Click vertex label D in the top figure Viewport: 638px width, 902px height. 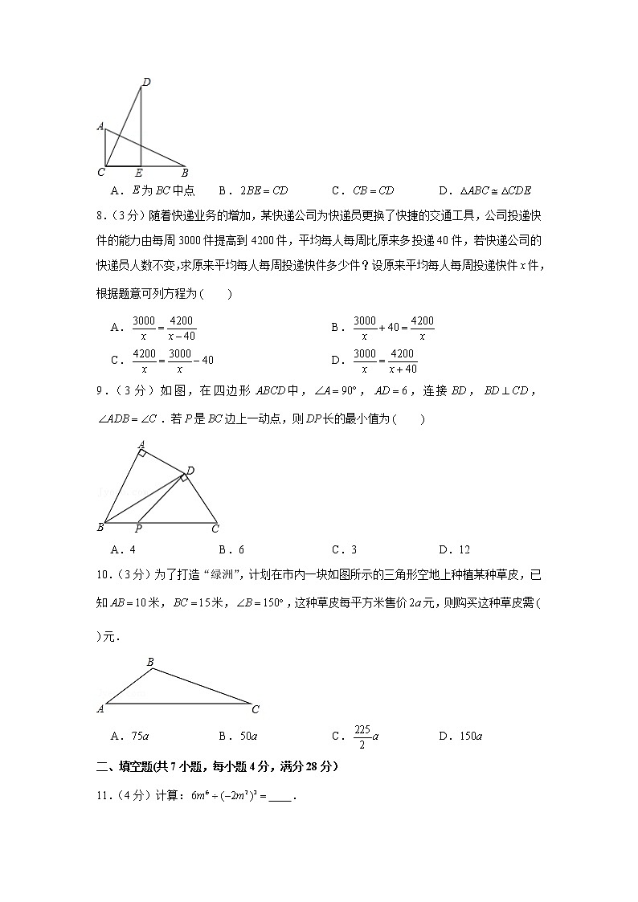pyautogui.click(x=146, y=81)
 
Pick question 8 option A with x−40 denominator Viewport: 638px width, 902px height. pyautogui.click(x=163, y=328)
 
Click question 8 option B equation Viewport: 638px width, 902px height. pyautogui.click(x=394, y=328)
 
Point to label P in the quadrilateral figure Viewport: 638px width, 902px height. pyautogui.click(x=138, y=529)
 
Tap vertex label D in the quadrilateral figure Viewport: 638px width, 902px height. pyautogui.click(x=190, y=470)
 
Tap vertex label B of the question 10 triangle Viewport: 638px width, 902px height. pyautogui.click(x=149, y=662)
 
